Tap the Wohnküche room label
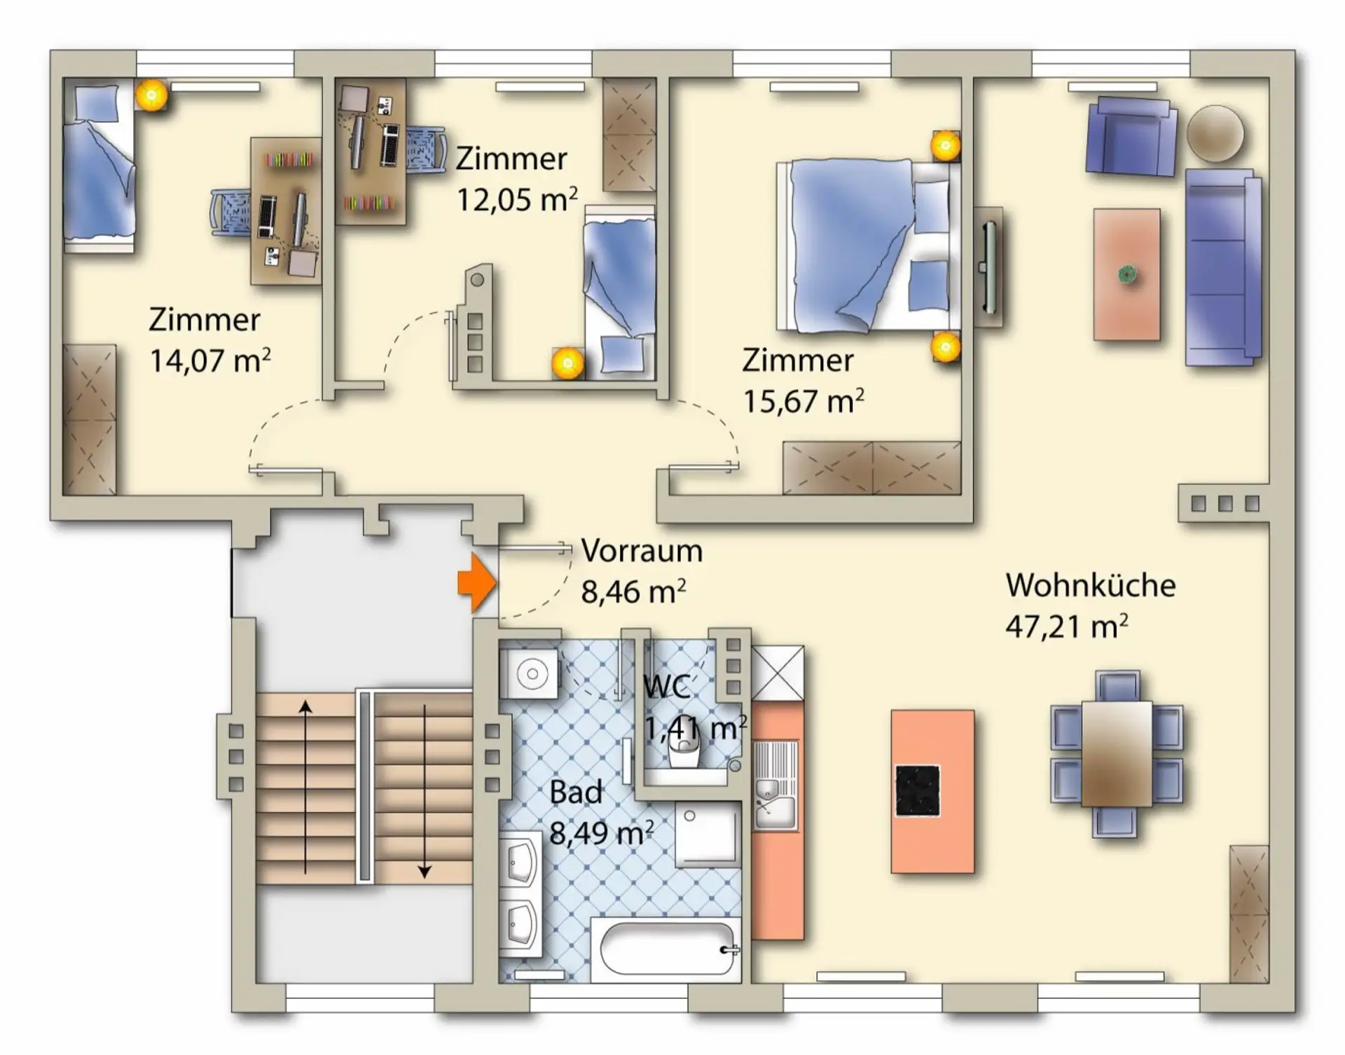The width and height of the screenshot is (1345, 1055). point(1091,585)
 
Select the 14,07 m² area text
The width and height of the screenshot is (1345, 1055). point(210,361)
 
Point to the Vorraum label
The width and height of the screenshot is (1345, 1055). point(642,551)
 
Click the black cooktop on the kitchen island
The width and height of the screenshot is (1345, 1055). point(918,791)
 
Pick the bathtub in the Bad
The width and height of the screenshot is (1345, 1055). point(666,949)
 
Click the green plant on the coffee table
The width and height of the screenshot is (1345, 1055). point(1127,274)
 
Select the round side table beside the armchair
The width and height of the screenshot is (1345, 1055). point(1215,134)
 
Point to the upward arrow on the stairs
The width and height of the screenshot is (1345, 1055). point(305,788)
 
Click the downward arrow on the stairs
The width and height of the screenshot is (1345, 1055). point(424,791)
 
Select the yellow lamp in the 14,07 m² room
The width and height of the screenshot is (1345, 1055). point(151,94)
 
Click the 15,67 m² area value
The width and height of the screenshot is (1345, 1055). point(803,401)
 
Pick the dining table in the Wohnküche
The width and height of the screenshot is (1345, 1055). point(1117,753)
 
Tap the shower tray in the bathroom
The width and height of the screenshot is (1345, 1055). point(708,834)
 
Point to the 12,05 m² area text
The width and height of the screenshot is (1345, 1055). point(517,200)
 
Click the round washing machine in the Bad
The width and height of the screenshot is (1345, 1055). point(530,674)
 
